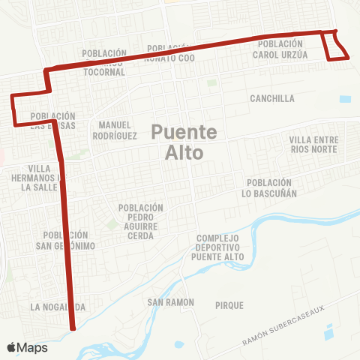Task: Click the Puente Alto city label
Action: (184, 142)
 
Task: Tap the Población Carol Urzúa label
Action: (280, 49)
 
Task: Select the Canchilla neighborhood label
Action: (272, 98)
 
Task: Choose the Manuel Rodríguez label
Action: (115, 130)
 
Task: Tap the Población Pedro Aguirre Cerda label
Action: (140, 221)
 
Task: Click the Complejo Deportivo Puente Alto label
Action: (217, 248)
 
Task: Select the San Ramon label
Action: (170, 302)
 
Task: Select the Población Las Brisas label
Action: (53, 121)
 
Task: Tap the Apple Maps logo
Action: (27, 347)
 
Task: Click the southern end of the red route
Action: (73, 328)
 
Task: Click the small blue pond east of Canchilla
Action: (344, 98)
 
